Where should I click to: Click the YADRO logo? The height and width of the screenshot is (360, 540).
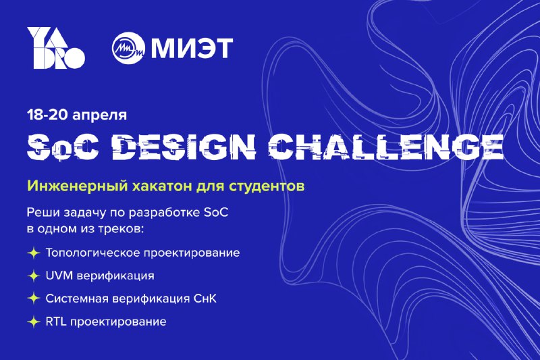[x=56, y=48]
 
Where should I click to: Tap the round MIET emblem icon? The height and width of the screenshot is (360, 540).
[x=128, y=48]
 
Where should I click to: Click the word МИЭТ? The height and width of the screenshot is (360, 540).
[x=192, y=48]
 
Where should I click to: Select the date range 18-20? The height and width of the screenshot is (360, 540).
[x=48, y=115]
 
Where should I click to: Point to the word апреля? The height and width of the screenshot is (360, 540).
[x=100, y=116]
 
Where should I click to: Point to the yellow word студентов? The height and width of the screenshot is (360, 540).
[x=266, y=186]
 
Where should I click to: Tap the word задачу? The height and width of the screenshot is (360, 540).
[x=84, y=213]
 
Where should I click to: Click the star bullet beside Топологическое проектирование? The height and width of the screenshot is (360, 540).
[x=34, y=253]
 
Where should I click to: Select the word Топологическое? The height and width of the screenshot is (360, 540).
[x=92, y=253]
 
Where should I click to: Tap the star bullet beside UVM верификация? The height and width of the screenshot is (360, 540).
[x=34, y=276]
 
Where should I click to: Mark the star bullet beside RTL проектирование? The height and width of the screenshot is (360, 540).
[x=34, y=322]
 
